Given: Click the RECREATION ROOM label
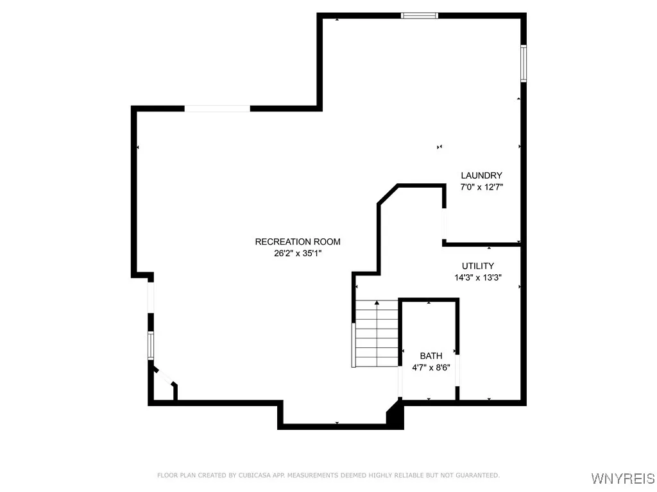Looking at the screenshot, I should [298, 242].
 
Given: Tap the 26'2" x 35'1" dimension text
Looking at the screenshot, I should [298, 253].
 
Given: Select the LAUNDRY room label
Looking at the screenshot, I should [481, 176].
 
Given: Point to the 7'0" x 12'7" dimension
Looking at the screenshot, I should [481, 188].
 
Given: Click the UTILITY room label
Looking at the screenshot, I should [478, 266].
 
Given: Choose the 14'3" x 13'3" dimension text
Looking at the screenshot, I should [478, 278].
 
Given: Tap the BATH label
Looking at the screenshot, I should [431, 356].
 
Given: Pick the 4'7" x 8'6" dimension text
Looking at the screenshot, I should [431, 368].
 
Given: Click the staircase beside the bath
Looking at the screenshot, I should [377, 333].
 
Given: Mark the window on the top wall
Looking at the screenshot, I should [420, 15].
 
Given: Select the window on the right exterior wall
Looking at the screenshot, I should [524, 63].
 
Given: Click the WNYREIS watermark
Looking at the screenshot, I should [622, 479].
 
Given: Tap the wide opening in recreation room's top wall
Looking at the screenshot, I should [218, 109].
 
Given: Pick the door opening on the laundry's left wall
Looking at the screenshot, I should [444, 224].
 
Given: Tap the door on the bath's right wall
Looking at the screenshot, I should [457, 370].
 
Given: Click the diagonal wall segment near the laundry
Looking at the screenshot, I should [388, 195].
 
